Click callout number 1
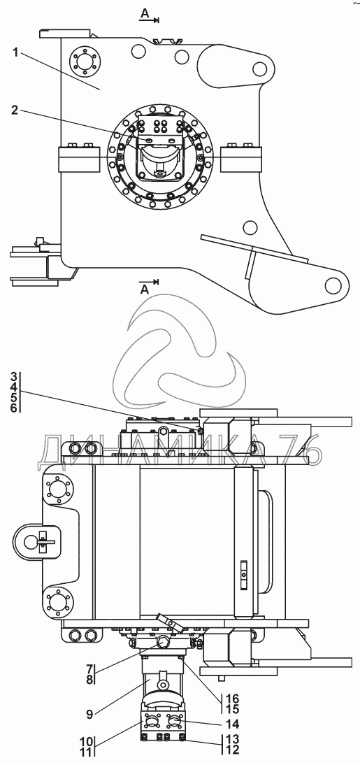tap(15, 53)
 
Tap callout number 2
tap(15, 110)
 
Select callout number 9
tap(89, 715)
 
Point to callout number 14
tap(229, 723)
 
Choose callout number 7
tap(89, 669)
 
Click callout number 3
tap(14, 377)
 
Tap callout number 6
tap(14, 408)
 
